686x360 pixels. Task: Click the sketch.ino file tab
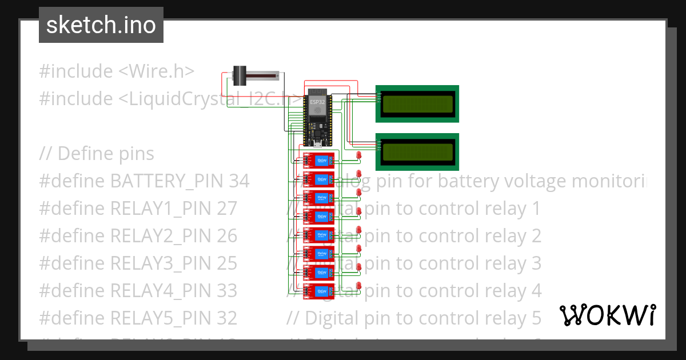tap(101, 25)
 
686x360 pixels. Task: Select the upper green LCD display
tap(417, 103)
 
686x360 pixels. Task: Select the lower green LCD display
tap(417, 151)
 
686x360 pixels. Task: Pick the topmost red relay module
tap(318, 161)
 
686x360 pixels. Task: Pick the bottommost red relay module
tap(318, 290)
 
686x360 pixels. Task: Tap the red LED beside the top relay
tap(359, 155)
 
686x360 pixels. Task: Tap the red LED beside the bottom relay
tap(359, 285)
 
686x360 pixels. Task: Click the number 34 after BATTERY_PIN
tap(239, 181)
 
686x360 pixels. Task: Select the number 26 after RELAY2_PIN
tap(227, 236)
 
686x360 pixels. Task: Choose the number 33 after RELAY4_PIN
tap(227, 291)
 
